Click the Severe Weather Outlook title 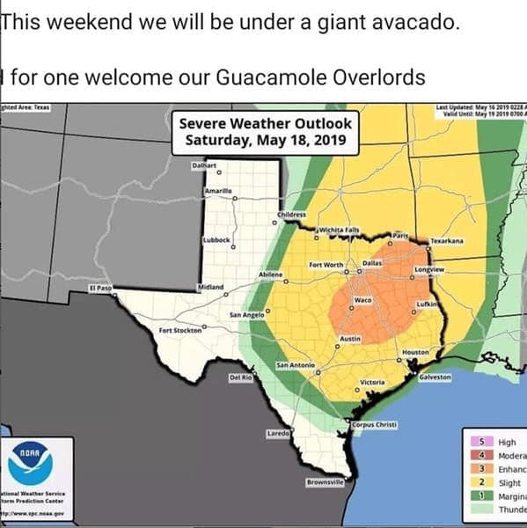click(266, 123)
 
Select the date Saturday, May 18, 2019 click(266, 140)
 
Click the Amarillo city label click(217, 191)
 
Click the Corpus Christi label click(374, 425)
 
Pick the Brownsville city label click(325, 481)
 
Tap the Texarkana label click(447, 240)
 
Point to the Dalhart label click(204, 165)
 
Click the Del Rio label click(241, 378)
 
